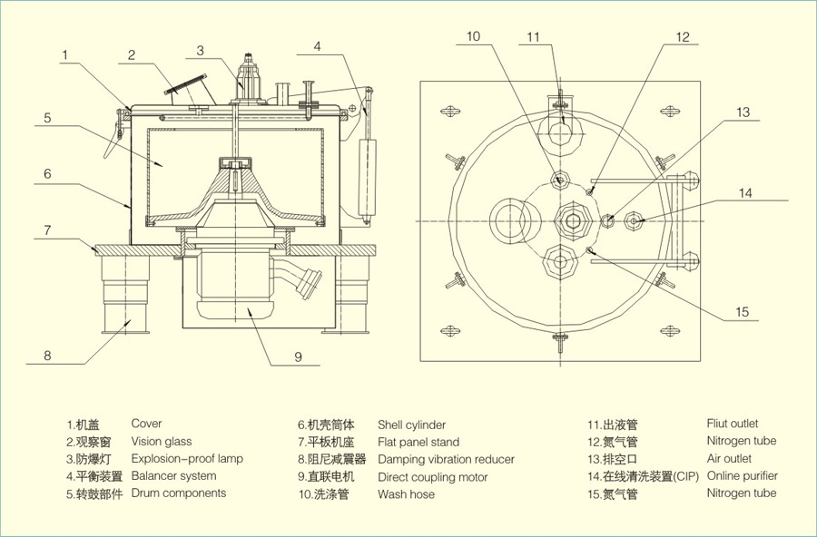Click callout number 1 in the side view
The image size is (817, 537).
tap(66, 55)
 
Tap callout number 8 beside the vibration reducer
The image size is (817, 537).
tap(47, 356)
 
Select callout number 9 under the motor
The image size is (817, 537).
tap(297, 356)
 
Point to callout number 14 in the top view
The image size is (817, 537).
tap(745, 192)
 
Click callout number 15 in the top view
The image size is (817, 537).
tap(742, 312)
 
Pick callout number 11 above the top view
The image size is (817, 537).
tap(533, 36)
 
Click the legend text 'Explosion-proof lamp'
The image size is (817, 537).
tap(187, 459)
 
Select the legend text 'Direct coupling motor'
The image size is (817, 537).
tap(433, 476)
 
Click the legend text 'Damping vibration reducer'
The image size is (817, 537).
tap(446, 459)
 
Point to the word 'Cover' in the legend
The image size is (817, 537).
tap(146, 424)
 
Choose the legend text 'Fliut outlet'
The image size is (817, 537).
tap(732, 424)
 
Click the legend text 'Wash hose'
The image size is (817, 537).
tap(406, 494)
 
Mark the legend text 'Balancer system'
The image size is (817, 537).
tap(173, 476)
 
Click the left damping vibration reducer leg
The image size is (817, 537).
tap(127, 295)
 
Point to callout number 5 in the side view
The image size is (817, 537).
tap(46, 118)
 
